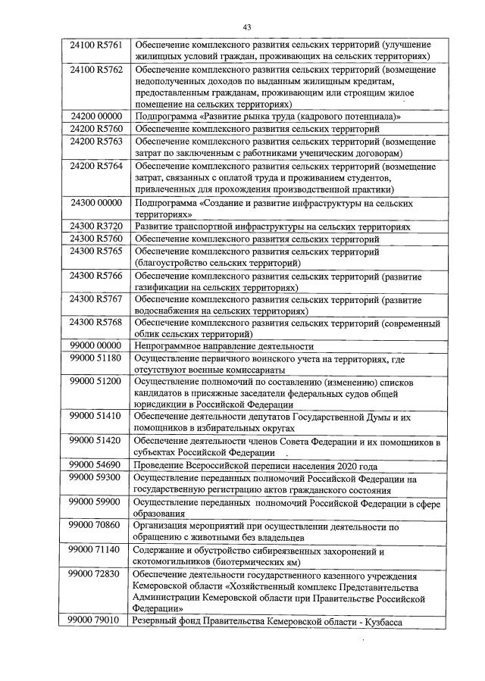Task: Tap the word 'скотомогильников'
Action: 173,562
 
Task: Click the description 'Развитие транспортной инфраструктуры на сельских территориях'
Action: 272,227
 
